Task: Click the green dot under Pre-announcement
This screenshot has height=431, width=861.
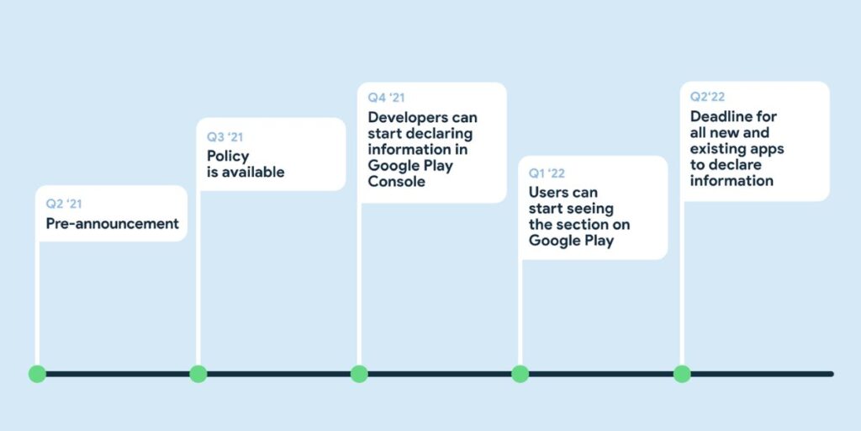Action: [37, 374]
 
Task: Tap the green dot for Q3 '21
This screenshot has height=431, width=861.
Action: [198, 374]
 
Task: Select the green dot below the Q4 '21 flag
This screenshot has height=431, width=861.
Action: [359, 374]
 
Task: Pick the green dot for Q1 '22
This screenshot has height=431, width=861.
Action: [520, 374]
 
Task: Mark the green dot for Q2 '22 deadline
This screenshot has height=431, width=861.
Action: [682, 374]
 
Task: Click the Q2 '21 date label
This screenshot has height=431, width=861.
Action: [64, 204]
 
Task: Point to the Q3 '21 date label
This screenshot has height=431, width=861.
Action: [225, 136]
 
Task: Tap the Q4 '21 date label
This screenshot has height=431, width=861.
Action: [386, 98]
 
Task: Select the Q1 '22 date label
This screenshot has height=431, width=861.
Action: [547, 173]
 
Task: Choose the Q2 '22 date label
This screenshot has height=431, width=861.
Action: [708, 97]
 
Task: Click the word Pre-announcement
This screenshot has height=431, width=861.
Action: [112, 224]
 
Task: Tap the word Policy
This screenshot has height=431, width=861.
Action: [228, 156]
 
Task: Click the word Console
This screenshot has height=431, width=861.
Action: [396, 181]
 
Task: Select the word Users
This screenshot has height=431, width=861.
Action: [551, 193]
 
